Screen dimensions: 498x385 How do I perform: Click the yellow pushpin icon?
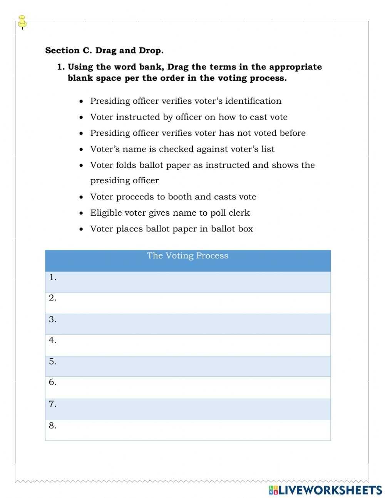22,22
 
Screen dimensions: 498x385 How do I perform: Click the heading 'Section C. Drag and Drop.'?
104,50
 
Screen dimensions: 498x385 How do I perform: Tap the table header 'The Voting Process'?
187,256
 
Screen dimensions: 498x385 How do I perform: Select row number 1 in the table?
187,282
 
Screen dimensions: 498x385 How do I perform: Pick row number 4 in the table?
187,345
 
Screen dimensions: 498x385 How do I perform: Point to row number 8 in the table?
187,430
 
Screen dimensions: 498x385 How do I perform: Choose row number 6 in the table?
187,387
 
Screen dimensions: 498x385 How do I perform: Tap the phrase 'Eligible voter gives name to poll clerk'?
170,213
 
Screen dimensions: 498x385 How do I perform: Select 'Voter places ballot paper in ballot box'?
171,229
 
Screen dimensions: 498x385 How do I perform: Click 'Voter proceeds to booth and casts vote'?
173,197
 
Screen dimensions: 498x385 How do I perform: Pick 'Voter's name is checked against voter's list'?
182,149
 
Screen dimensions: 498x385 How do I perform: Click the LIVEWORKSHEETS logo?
325,490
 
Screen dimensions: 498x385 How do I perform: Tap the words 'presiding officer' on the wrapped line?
124,181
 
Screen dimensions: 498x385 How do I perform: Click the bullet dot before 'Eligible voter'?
81,213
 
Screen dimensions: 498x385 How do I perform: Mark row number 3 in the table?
187,324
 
